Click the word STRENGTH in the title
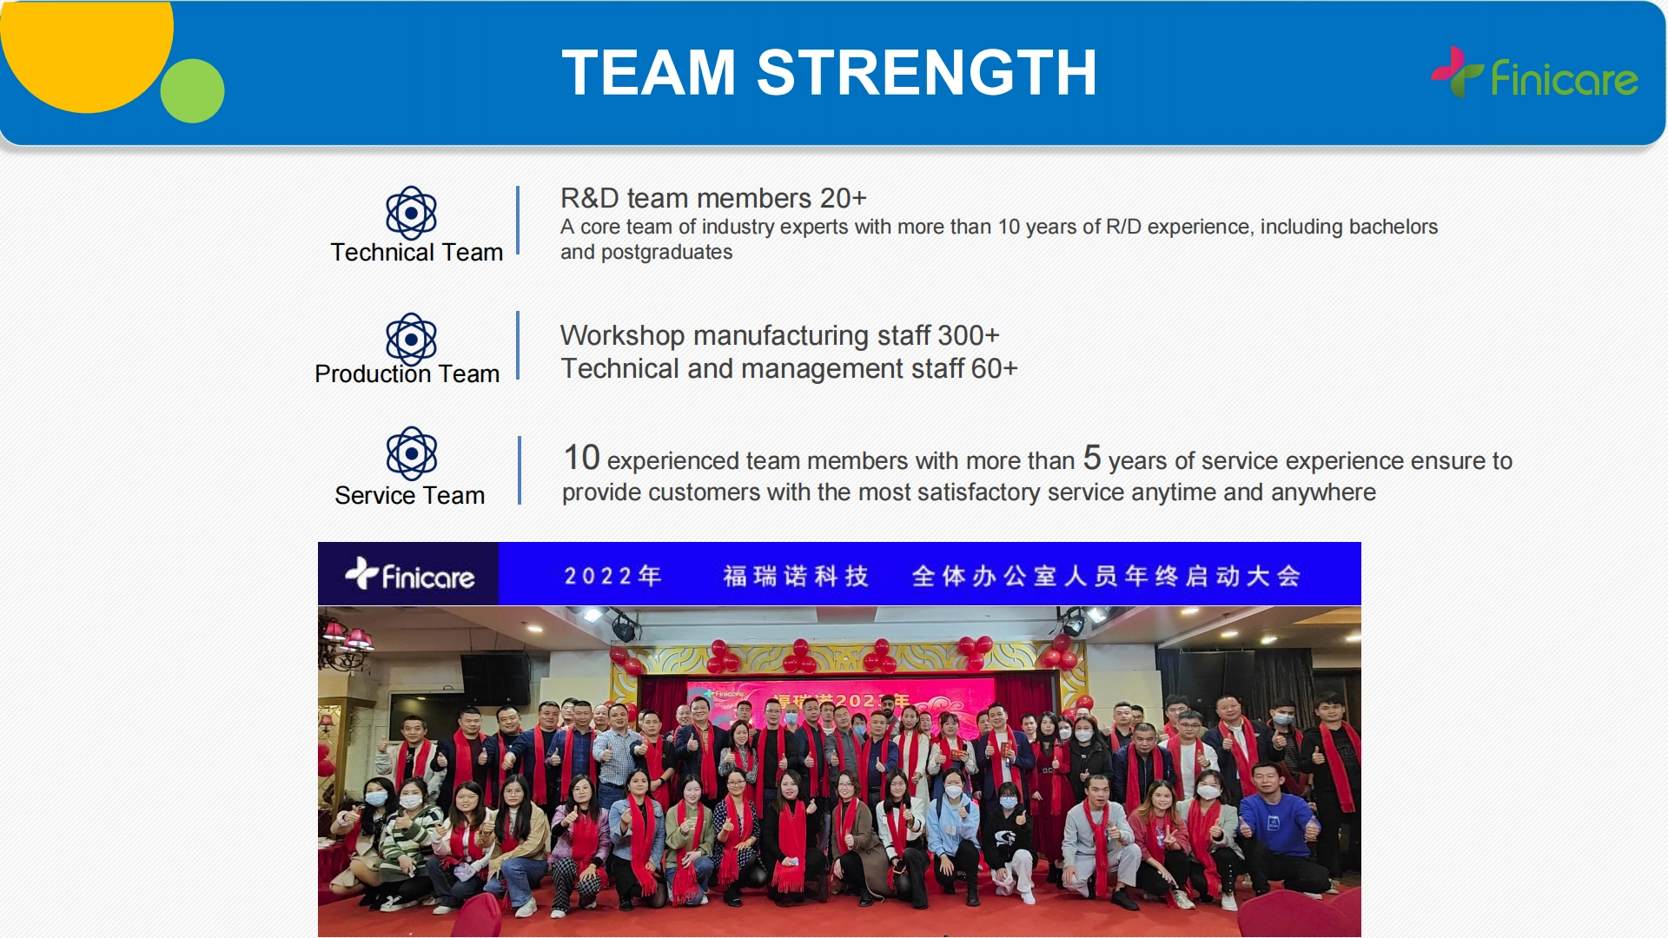pyautogui.click(x=926, y=72)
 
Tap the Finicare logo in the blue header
pyautogui.click(x=1534, y=73)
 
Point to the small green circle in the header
pyautogui.click(x=193, y=90)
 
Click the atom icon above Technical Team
pyautogui.click(x=411, y=213)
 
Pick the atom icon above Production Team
pyautogui.click(x=411, y=339)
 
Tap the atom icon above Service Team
pyautogui.click(x=411, y=452)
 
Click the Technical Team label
pyautogui.click(x=417, y=252)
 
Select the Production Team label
pyautogui.click(x=407, y=373)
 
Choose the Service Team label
pyautogui.click(x=410, y=495)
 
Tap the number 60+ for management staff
pyautogui.click(x=995, y=368)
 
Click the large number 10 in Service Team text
pyautogui.click(x=582, y=457)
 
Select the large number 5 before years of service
pyautogui.click(x=1092, y=457)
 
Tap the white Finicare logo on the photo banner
pyautogui.click(x=409, y=574)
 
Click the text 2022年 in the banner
pyautogui.click(x=613, y=576)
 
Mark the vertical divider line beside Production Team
pyautogui.click(x=518, y=346)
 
